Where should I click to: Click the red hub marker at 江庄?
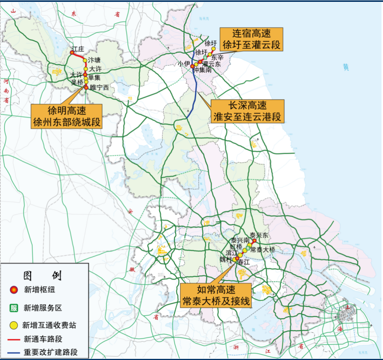tap(72, 53)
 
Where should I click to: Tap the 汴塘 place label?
tap(94, 60)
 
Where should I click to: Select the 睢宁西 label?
tap(99, 87)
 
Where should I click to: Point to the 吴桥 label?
tap(77, 82)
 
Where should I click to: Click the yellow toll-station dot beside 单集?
tap(86, 78)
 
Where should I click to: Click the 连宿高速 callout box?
tap(251, 39)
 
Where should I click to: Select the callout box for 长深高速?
tap(247, 111)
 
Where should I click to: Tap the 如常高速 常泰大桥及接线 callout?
tap(216, 295)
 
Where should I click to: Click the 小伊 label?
tap(184, 64)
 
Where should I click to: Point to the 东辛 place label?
tap(218, 58)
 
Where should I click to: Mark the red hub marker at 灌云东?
tap(200, 62)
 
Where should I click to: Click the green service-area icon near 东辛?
tap(206, 58)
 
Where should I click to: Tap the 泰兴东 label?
tap(260, 235)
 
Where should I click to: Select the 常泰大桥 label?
tap(263, 249)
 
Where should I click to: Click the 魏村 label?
tap(225, 259)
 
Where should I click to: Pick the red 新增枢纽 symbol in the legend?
tap(14, 290)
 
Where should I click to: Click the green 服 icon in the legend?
tap(14, 308)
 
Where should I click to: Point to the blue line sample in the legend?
tap(14, 353)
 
